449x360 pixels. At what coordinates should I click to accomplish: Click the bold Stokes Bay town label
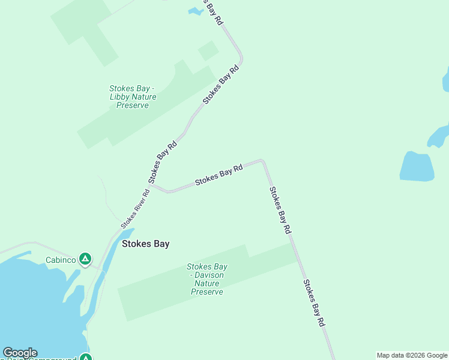[145, 244]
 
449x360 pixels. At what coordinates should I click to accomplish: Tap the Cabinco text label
[60, 260]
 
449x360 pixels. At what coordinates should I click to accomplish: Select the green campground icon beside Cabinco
[85, 259]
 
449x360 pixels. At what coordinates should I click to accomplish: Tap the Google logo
[20, 353]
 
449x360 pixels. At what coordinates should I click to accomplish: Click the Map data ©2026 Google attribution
[412, 355]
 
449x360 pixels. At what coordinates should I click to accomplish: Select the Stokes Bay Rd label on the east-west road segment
[218, 175]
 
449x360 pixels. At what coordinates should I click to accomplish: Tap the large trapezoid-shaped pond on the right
[417, 166]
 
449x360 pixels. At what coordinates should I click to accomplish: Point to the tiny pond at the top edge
[196, 10]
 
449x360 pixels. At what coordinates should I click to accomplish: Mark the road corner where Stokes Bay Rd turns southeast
[262, 161]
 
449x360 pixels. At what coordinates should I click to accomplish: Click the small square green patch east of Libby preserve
[208, 50]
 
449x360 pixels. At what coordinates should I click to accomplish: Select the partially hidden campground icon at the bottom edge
[86, 358]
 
